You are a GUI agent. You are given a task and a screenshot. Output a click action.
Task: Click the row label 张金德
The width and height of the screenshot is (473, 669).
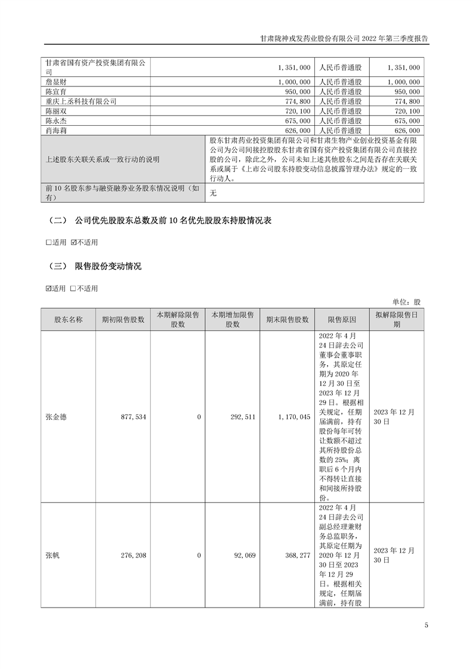point(56,417)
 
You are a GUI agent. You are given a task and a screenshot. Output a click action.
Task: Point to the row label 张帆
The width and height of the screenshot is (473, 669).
point(52,555)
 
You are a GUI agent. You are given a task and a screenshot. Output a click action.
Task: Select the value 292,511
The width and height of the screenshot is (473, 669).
point(242,417)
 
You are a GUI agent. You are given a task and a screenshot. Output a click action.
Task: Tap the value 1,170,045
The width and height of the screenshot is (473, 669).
point(293,417)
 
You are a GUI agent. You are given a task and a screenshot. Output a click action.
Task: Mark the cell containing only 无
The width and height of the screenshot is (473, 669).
point(214,193)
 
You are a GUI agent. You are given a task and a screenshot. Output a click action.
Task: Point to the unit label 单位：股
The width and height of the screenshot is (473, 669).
point(407,302)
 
